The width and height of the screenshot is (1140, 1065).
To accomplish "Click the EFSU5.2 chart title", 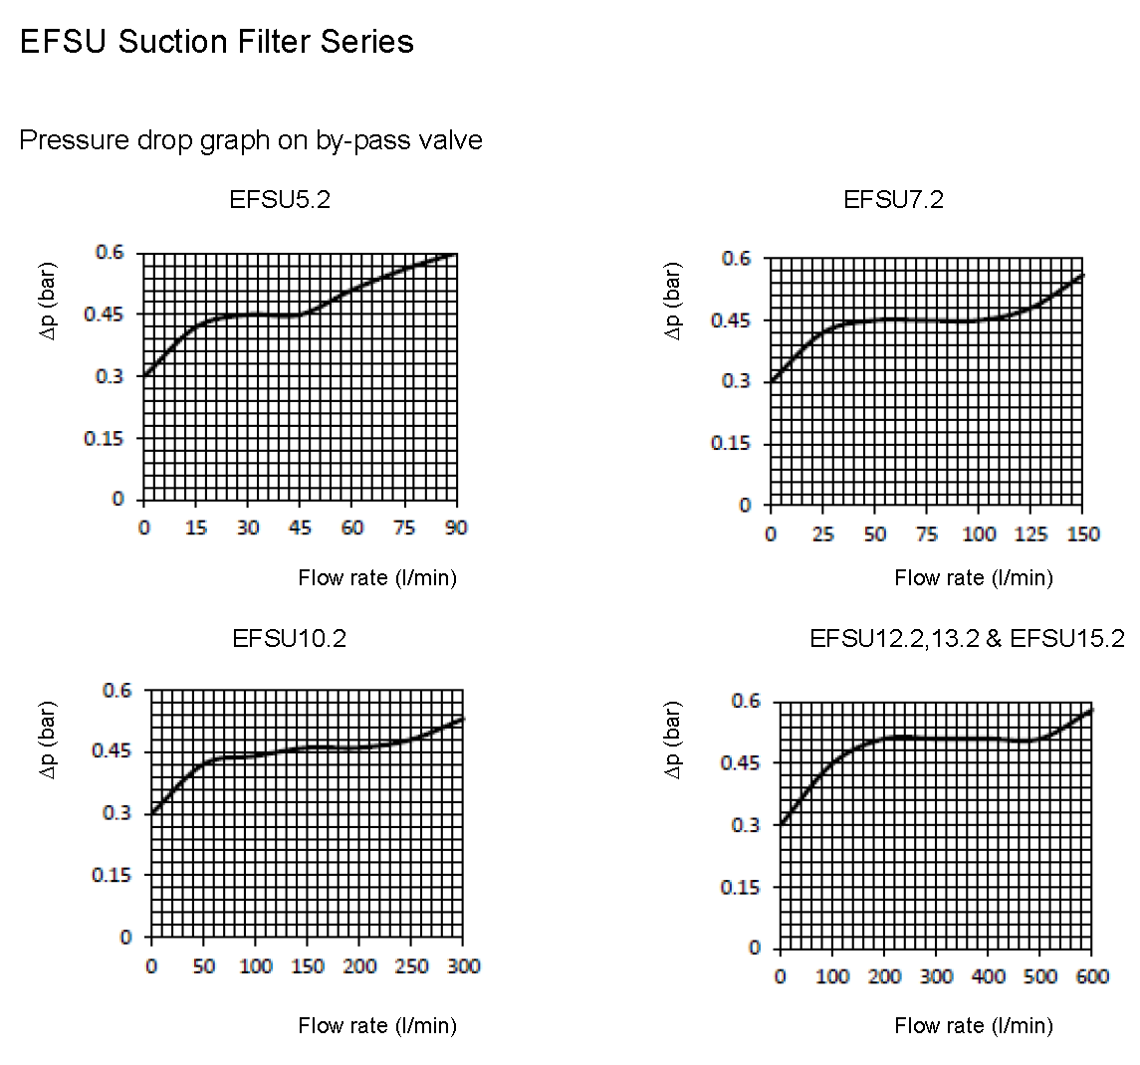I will coord(280,199).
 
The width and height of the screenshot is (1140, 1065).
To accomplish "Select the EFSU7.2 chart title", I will coord(893,199).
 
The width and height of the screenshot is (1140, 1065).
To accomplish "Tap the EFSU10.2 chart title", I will coord(289,638).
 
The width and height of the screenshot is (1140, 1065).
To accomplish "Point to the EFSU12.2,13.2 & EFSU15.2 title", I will coord(967,638).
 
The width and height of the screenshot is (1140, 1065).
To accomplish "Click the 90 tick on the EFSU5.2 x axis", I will coord(456,528).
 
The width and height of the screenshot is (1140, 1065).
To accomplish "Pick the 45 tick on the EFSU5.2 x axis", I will coord(300,528).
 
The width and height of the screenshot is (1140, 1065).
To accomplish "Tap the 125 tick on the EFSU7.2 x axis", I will coord(1031,534).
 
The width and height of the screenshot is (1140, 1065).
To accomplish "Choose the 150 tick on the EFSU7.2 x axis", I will coord(1083,534).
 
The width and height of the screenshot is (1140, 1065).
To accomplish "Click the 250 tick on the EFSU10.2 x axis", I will coord(411,966).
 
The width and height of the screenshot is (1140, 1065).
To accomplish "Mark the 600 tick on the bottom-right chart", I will coord(1092,976).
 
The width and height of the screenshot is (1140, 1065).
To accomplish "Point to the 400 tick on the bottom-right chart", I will coord(988,976).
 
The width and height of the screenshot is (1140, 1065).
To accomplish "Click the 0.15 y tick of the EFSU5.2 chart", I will coord(104,438).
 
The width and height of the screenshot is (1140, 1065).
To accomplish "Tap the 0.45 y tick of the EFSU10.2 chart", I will coord(112,751).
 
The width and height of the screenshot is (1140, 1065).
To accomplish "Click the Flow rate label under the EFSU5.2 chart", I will coord(377,578).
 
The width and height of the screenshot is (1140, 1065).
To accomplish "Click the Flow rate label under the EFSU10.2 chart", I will coord(377,1026).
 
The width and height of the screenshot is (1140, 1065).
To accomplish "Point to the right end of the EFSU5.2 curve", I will coord(455,254).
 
